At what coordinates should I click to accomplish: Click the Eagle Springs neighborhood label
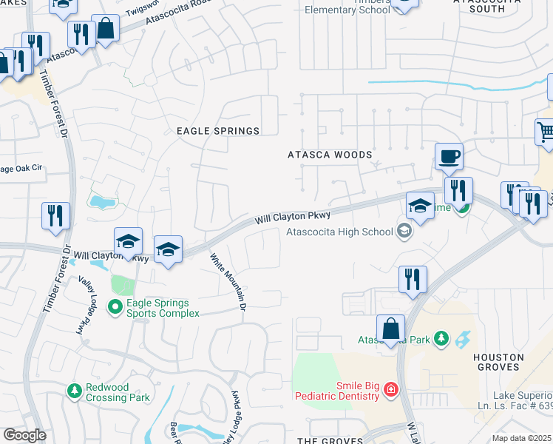coord(218,131)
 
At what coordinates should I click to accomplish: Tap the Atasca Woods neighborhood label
coord(330,155)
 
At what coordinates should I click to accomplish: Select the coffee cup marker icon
coord(449,157)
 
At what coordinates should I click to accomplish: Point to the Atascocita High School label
coord(340,232)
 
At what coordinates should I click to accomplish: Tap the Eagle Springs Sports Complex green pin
coord(115,306)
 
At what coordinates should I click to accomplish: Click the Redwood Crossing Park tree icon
coord(74,390)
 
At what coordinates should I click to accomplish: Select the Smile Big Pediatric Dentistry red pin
coord(390,390)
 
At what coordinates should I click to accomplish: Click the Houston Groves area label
coord(498,363)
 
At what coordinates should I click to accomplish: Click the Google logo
coord(24,435)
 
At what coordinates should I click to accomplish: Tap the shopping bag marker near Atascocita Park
coord(390,329)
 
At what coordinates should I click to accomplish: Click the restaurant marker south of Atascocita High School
coord(413,280)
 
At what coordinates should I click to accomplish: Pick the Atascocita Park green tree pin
coord(441,339)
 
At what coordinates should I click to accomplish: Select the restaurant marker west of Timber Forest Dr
coord(55,216)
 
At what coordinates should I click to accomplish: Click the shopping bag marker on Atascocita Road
coord(106,29)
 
